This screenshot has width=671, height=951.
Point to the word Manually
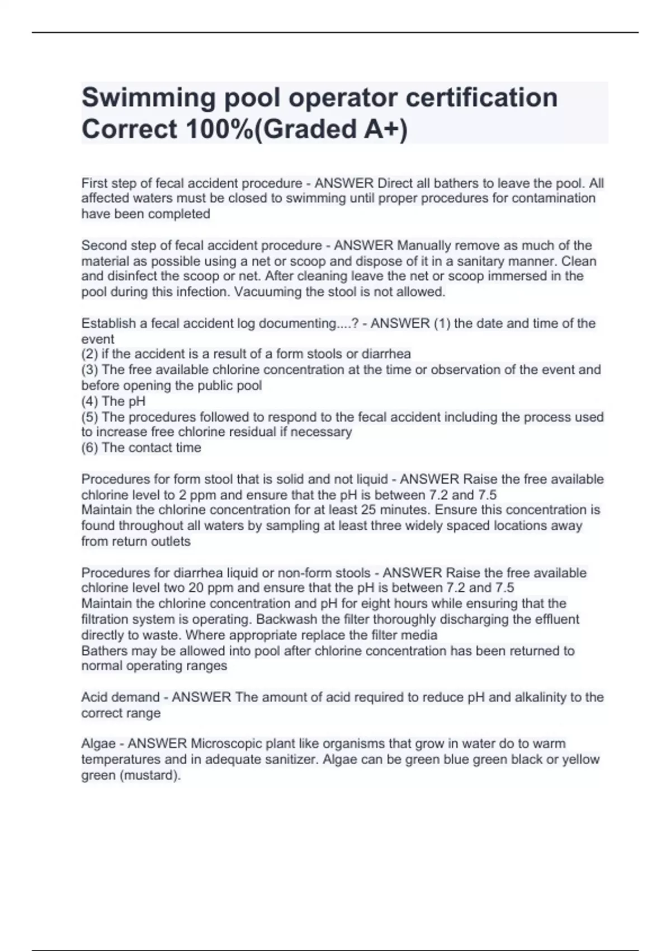tap(423, 245)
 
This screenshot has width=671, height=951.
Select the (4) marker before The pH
tap(89, 401)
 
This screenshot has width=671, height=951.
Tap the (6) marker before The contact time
tap(89, 448)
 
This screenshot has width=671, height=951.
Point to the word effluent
tap(556, 619)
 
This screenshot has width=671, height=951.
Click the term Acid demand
tap(120, 697)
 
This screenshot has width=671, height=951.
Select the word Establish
tap(107, 323)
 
